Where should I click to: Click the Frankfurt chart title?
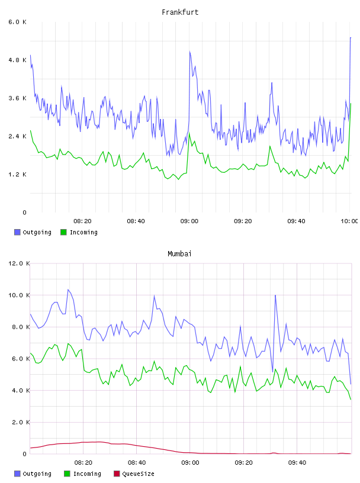tap(180, 12)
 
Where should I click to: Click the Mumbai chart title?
tap(179, 254)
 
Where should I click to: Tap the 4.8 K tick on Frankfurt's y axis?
tap(18, 60)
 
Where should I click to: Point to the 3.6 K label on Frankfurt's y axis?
tap(18, 98)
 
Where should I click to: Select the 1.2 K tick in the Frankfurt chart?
tap(18, 175)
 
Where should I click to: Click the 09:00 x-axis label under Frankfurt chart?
tap(189, 221)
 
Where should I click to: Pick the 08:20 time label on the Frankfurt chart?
tap(83, 221)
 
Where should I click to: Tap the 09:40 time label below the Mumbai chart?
tap(297, 463)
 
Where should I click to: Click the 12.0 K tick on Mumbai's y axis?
tap(19, 263)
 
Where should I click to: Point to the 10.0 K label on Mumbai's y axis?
tap(19, 295)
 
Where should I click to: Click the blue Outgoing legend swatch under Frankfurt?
tap(17, 232)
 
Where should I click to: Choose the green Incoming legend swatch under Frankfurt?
tap(63, 232)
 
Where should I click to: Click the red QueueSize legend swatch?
tap(117, 474)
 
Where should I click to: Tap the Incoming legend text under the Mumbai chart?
tap(87, 474)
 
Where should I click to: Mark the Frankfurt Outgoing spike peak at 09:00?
tap(190, 51)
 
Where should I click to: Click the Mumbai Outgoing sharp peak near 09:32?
tap(275, 295)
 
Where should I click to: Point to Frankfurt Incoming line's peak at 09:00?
tap(189, 133)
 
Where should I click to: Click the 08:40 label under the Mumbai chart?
tap(137, 463)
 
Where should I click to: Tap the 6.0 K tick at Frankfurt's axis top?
tap(18, 22)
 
